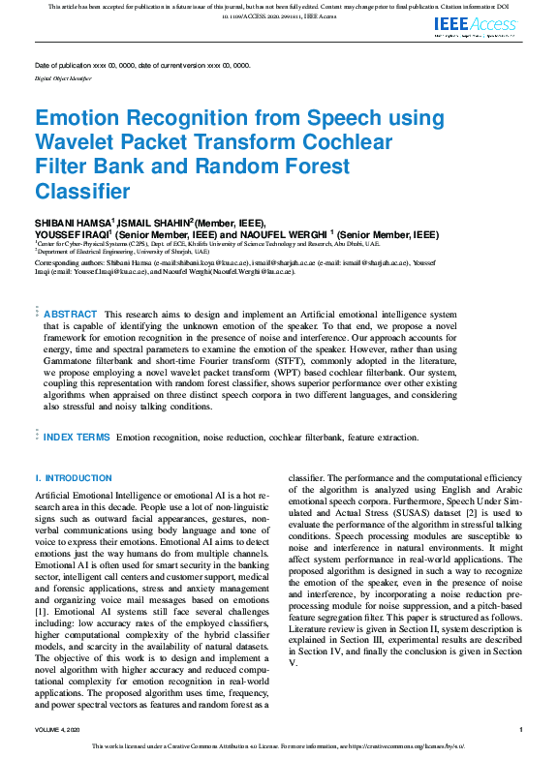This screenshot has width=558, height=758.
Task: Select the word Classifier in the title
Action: pyautogui.click(x=82, y=191)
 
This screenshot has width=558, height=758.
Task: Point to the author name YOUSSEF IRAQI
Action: pyautogui.click(x=73, y=235)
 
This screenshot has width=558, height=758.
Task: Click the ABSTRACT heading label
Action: pyautogui.click(x=71, y=315)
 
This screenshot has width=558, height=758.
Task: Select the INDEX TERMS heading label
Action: pyautogui.click(x=77, y=438)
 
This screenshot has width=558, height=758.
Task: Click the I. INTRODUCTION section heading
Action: pyautogui.click(x=74, y=478)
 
